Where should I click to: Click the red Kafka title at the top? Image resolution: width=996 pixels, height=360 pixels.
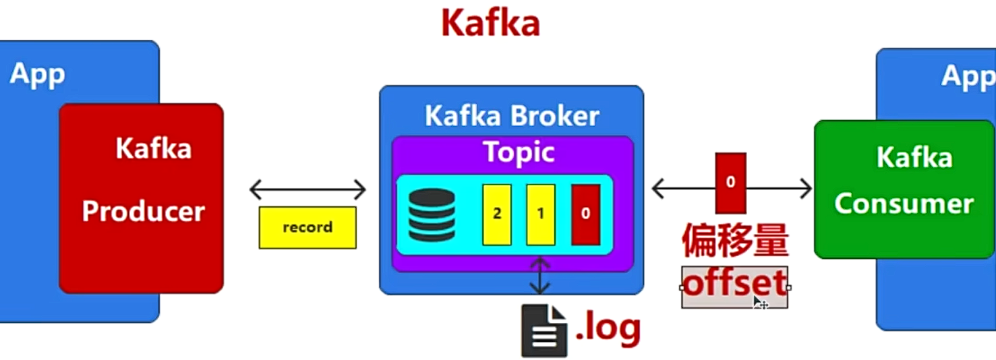tap(490, 23)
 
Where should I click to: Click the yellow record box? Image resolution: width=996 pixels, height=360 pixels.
tap(307, 228)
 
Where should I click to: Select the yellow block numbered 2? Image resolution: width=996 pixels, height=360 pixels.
tap(497, 214)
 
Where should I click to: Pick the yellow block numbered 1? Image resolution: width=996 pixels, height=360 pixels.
tap(540, 214)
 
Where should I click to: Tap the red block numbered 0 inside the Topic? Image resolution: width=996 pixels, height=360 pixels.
tap(585, 214)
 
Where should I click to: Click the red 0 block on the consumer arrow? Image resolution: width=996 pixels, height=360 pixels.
tap(730, 183)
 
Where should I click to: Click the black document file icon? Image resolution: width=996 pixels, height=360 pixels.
tap(544, 330)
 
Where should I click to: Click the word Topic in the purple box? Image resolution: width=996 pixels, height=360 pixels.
tap(519, 152)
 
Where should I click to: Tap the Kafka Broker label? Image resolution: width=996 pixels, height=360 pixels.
tap(511, 116)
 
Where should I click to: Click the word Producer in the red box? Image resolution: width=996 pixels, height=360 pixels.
tap(143, 211)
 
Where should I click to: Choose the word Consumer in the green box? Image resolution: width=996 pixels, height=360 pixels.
tap(904, 204)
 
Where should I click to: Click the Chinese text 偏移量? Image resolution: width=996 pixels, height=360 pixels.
tap(734, 241)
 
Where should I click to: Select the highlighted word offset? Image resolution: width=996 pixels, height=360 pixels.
tap(734, 284)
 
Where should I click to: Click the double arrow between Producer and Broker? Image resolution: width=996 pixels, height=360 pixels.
tap(307, 190)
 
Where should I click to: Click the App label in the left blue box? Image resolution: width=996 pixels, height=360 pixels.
tap(37, 73)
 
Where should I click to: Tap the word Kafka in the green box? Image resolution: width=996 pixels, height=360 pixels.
tap(914, 158)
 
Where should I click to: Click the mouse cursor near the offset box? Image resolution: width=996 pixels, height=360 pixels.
tap(759, 303)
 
